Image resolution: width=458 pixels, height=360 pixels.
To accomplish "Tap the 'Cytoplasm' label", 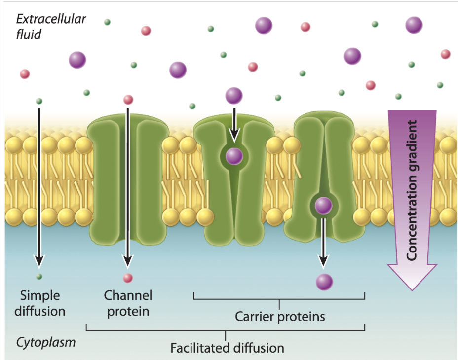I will coord(46,342).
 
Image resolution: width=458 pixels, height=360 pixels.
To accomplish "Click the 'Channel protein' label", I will coord(128,303).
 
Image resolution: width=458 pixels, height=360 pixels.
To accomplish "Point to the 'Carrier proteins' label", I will coord(280,316).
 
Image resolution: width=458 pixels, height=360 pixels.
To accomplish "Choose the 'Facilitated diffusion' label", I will coord(227,348).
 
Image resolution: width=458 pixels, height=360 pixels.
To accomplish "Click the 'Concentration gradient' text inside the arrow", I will coord(413,190).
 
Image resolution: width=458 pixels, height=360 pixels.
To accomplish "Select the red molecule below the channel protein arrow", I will coord(128,278).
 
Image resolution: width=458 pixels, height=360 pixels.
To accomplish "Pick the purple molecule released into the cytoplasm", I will coord(324,282).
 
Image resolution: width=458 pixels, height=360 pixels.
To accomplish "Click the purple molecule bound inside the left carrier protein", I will coord(234,156).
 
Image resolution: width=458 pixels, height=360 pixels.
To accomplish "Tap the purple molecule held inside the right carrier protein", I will coord(323,205).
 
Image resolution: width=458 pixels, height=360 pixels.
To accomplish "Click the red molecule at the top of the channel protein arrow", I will coord(128,100).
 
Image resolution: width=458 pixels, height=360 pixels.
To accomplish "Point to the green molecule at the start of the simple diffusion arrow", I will coord(39,101).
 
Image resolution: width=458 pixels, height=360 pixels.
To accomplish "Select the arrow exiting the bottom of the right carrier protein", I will coord(323,242).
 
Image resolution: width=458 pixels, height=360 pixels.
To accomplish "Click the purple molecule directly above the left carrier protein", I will coord(234,95).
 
